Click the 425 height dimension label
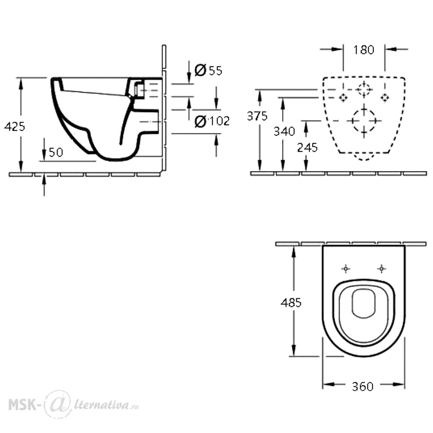15,126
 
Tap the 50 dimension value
56,152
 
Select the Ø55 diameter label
209,70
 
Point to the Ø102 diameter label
212,121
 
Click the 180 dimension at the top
364,50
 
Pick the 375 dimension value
257,116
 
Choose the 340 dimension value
284,131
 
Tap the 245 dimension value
307,148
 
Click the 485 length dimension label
291,303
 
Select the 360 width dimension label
363,387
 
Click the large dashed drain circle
364,121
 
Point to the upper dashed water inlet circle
364,90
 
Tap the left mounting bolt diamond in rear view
343,97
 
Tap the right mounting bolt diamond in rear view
385,97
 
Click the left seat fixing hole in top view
346,268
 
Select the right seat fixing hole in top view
381,268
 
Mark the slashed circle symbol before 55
200,70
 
